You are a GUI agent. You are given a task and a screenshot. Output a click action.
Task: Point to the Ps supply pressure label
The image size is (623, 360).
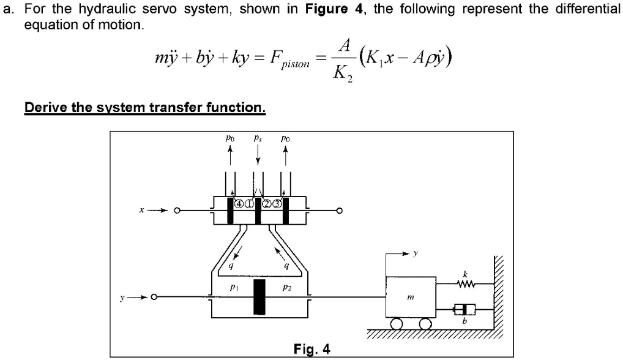[258, 140]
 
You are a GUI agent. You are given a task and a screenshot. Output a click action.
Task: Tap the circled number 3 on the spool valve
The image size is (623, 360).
[278, 204]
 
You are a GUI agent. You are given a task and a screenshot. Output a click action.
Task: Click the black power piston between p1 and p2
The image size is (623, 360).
[259, 297]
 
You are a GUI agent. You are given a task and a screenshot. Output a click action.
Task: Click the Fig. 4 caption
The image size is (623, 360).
[311, 349]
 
